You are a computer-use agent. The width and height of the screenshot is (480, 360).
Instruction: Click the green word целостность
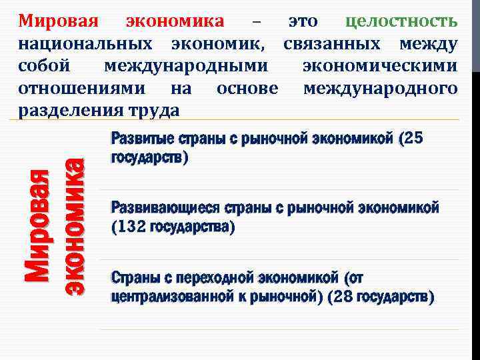tap(402, 21)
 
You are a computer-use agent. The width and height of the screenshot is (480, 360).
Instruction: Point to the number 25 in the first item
tap(413, 138)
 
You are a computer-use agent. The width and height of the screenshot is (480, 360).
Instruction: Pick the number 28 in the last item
tap(343, 295)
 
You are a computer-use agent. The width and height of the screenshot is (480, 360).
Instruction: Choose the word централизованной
tap(173, 295)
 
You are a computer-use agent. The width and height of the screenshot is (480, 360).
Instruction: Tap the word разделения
tap(71, 110)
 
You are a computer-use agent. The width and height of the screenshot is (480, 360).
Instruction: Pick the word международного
tap(380, 88)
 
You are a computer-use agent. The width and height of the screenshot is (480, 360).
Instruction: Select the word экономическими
tap(380, 66)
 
